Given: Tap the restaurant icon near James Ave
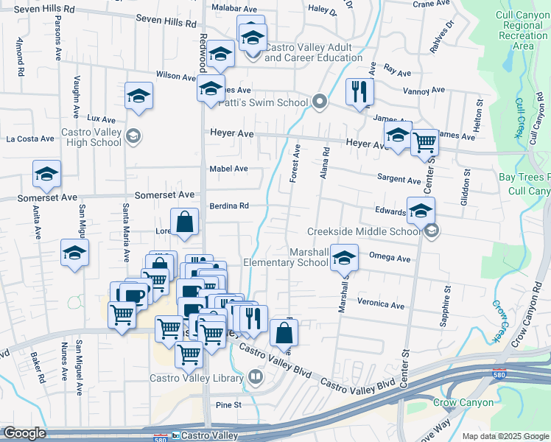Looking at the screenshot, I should click(x=359, y=93).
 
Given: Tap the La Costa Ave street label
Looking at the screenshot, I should click(x=30, y=138).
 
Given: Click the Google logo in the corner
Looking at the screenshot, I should click(x=24, y=433).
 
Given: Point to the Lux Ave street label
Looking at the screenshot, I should click(x=102, y=119).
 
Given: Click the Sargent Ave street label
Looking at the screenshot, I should click(x=399, y=179).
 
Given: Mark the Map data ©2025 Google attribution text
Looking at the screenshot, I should click(x=505, y=436).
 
